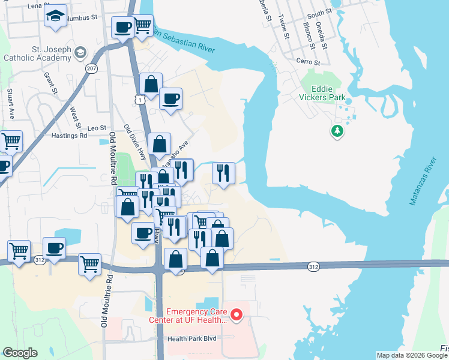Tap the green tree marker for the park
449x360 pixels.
337,131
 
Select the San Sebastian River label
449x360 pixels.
182,40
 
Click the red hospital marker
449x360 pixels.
237,314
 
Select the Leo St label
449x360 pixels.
97,128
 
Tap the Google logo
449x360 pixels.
20,353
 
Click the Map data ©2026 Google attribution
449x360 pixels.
411,355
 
